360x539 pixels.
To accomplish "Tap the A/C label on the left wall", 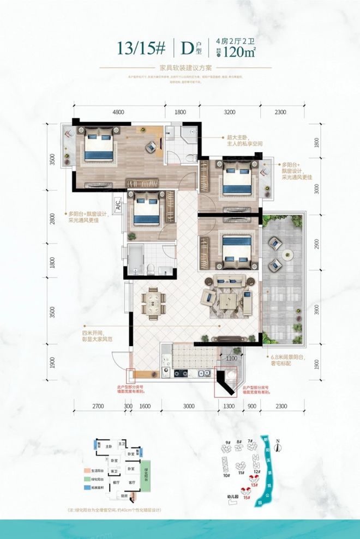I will [x=117, y=206].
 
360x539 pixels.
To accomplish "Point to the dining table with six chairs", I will [x=153, y=301].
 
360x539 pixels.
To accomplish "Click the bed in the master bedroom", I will [x=99, y=145].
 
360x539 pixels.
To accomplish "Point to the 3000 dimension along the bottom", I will [x=188, y=406].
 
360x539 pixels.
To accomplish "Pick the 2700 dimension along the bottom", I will [x=99, y=406].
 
